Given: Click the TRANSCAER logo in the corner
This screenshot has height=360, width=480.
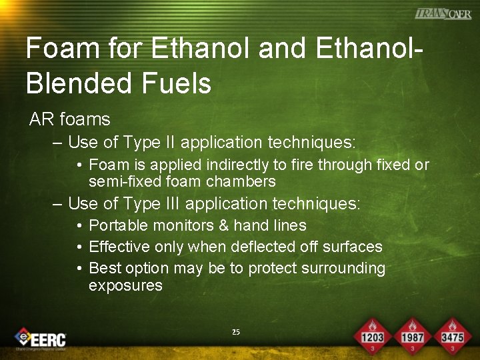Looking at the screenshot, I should click(443, 13).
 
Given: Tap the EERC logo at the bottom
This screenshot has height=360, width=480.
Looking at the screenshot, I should click(41, 338).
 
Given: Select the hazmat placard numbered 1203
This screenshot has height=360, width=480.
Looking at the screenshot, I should click(372, 335).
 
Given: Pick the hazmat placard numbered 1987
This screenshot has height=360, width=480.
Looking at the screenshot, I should click(413, 335).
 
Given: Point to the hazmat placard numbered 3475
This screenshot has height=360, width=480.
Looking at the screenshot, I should click(453, 335).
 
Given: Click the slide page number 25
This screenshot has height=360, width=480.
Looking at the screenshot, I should click(235, 332).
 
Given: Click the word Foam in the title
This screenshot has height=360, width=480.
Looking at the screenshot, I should click(57, 49).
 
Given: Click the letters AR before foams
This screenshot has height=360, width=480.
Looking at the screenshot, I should click(41, 120).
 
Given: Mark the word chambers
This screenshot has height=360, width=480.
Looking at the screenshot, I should click(241, 181).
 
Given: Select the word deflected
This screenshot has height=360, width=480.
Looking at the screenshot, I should click(261, 247).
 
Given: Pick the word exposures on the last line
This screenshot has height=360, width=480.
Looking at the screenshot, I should click(125, 285).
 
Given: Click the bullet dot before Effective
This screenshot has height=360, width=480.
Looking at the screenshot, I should click(79, 247).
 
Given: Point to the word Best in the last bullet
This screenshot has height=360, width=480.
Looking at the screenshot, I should click(103, 268).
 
